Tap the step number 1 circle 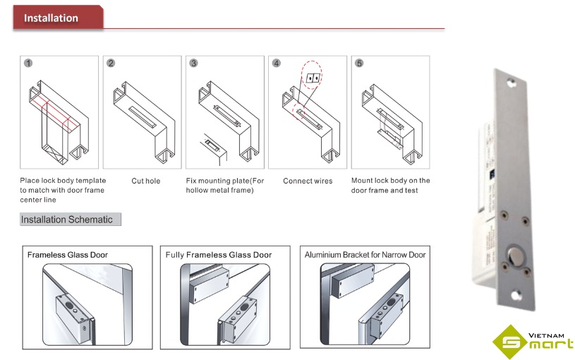[28, 64]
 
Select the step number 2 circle [111, 64]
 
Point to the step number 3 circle [193, 64]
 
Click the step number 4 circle [277, 64]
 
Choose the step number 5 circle [359, 64]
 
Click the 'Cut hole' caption [146, 181]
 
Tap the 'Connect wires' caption [308, 181]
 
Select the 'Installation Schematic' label [67, 220]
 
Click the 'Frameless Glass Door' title [68, 255]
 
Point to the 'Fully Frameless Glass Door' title [219, 255]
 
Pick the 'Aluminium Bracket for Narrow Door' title [365, 255]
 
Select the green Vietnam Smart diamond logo [512, 341]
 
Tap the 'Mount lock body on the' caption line [390, 181]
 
